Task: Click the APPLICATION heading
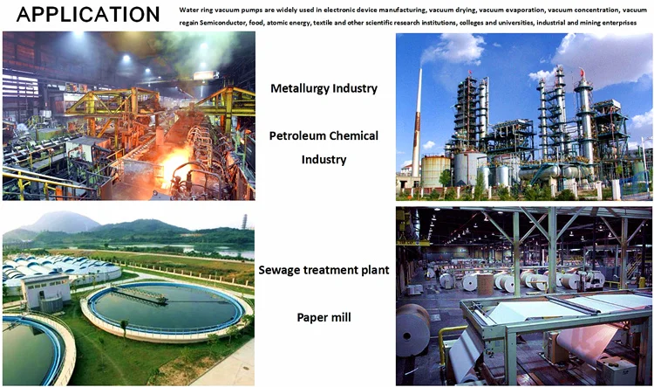88,14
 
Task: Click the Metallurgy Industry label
324,88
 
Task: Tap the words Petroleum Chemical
324,135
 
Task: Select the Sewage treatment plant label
324,270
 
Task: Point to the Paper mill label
324,318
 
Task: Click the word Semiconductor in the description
222,23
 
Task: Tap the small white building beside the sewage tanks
46,291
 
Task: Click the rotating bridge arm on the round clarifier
140,295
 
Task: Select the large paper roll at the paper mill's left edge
412,330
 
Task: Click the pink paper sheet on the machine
588,341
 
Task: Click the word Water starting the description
187,10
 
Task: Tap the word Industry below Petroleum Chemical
324,160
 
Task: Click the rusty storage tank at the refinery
435,171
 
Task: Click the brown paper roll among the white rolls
485,285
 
